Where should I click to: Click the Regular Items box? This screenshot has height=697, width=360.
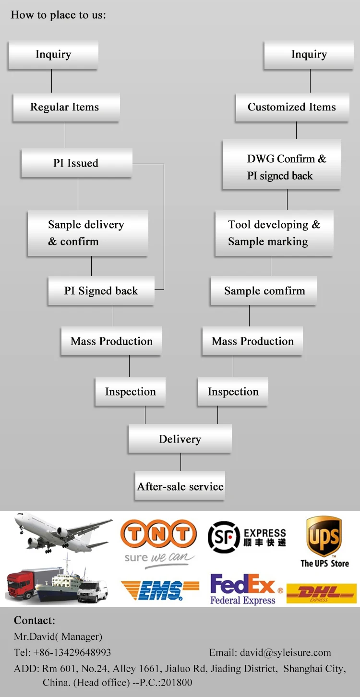click(x=66, y=107)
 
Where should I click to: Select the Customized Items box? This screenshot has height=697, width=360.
click(x=292, y=107)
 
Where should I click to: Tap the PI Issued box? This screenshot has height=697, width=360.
click(x=76, y=163)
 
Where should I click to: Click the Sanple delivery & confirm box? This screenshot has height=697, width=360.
click(x=87, y=233)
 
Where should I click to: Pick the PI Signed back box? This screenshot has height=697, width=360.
click(x=101, y=291)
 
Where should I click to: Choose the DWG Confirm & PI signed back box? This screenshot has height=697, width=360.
click(x=281, y=167)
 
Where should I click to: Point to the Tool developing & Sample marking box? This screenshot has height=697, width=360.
click(x=274, y=233)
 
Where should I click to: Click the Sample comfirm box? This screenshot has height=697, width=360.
click(x=264, y=291)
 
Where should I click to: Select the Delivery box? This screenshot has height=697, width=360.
click(x=180, y=439)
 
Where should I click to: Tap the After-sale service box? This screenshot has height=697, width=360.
click(x=180, y=486)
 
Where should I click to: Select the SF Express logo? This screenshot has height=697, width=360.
click(x=247, y=538)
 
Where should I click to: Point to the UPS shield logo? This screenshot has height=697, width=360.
click(x=324, y=536)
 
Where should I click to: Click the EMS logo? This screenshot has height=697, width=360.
click(x=160, y=590)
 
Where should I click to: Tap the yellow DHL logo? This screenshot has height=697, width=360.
click(x=321, y=593)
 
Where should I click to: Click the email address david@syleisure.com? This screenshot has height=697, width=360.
click(x=285, y=652)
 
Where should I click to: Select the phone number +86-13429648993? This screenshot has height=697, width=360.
click(x=72, y=652)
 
